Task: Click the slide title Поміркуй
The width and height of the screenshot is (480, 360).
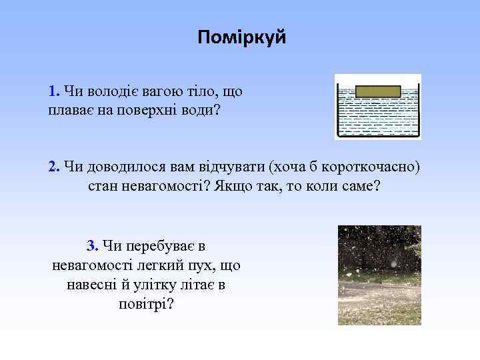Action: point(241,38)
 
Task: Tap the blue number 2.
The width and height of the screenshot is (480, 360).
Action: point(53,166)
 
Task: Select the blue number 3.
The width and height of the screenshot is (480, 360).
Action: point(92,246)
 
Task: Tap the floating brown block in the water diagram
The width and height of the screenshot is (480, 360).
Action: point(377,91)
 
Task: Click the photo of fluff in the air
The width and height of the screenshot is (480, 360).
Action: point(379,275)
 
